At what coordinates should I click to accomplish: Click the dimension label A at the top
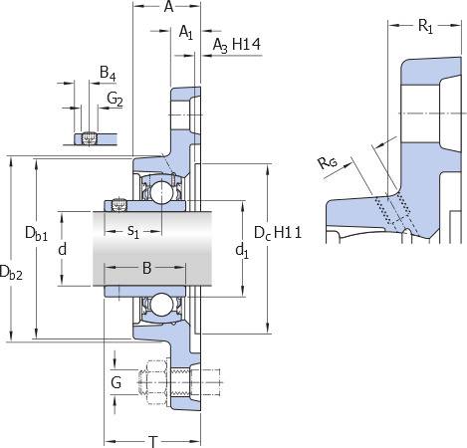click(x=168, y=6)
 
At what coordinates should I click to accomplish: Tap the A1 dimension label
click(x=186, y=33)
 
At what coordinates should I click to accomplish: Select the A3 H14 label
click(x=237, y=45)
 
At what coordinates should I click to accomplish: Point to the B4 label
click(x=108, y=73)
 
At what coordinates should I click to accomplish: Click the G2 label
click(x=115, y=99)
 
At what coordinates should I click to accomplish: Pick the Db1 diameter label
click(x=36, y=233)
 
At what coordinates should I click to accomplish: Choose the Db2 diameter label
click(x=11, y=273)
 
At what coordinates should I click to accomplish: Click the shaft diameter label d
click(x=63, y=249)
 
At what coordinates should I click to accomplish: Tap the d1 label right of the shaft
click(x=242, y=251)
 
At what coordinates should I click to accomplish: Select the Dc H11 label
click(x=278, y=233)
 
